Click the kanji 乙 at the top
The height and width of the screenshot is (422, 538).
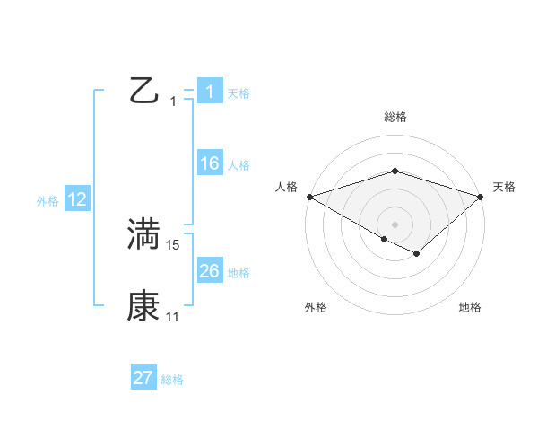point(144,91)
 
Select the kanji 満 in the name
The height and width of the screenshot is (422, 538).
point(143,234)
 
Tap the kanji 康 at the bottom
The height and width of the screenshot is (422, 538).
point(143,306)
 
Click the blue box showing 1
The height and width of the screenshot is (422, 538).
point(209,92)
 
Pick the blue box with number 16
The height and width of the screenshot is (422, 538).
point(209,163)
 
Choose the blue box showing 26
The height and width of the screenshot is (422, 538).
point(209,271)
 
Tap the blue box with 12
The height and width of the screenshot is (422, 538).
point(77,200)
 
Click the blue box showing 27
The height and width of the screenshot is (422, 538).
point(143,378)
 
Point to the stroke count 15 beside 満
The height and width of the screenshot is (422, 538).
point(173,244)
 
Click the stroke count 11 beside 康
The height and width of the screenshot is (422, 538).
point(173,316)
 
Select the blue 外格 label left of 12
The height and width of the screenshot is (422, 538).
point(48,201)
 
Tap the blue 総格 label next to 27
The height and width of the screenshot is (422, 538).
point(172,380)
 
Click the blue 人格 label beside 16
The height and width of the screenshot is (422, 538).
point(239,165)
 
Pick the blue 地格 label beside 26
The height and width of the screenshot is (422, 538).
point(239,273)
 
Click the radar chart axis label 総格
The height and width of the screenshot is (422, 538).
point(395,117)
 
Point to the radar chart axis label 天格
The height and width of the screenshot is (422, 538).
point(505,187)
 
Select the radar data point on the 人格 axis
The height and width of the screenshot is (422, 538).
point(309,196)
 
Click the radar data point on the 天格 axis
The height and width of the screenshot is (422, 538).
point(481,196)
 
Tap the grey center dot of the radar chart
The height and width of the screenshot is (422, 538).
point(395,224)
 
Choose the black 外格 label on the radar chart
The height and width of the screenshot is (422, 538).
point(316,308)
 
